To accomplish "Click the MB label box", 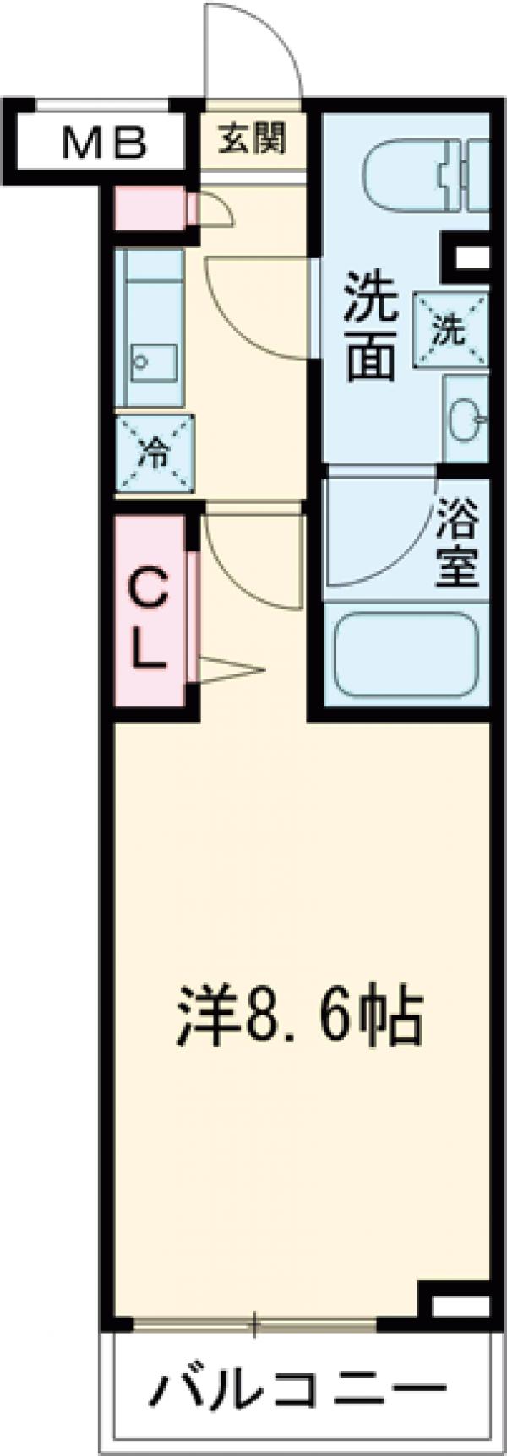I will (x=104, y=143).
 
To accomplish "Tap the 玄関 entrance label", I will (x=252, y=138).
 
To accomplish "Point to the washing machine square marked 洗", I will (x=450, y=330).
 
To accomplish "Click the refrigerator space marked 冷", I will (x=155, y=454).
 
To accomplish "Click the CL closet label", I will (x=149, y=609).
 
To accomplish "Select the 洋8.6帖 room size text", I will (x=301, y=1022).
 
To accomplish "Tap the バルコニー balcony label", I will (x=301, y=1388).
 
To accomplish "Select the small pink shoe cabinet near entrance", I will (x=148, y=207).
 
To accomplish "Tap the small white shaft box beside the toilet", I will (x=466, y=257).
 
